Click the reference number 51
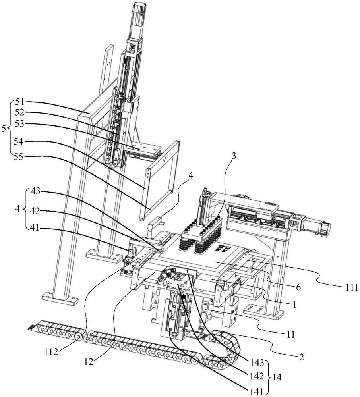(20, 102)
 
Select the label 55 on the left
(20, 157)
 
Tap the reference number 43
(36, 191)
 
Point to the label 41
(35, 227)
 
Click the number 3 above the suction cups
(234, 156)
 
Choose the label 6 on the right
(298, 287)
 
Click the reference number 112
(51, 352)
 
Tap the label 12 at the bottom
(89, 362)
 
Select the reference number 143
(257, 363)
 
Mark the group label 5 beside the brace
(4, 129)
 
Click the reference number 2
(301, 357)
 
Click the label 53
(20, 124)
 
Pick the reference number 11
(291, 334)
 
